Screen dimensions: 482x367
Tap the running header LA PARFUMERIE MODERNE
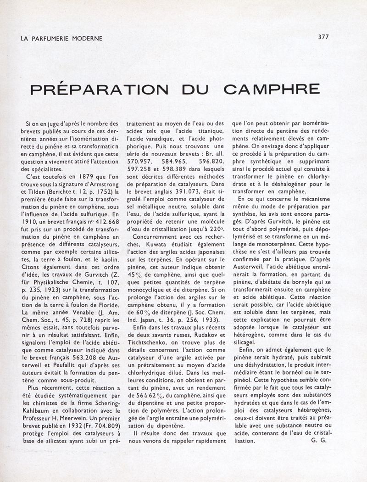click(62, 39)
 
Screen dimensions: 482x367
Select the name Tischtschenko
click(151, 345)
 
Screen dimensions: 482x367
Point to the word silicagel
click(247, 329)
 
